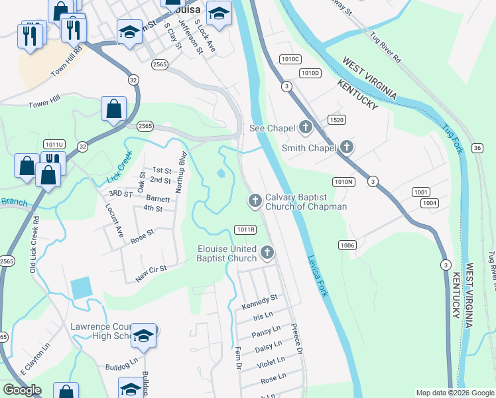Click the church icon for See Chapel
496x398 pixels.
(306, 127)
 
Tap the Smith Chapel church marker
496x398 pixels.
(346, 147)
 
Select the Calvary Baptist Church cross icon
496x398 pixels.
(254, 200)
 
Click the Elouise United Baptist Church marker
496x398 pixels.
(267, 252)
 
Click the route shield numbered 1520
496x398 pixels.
(336, 119)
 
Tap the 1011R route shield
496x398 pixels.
(245, 230)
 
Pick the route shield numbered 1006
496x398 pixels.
(347, 245)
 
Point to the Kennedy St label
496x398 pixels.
(259, 302)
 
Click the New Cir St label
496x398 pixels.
(151, 274)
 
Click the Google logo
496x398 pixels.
(23, 390)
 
